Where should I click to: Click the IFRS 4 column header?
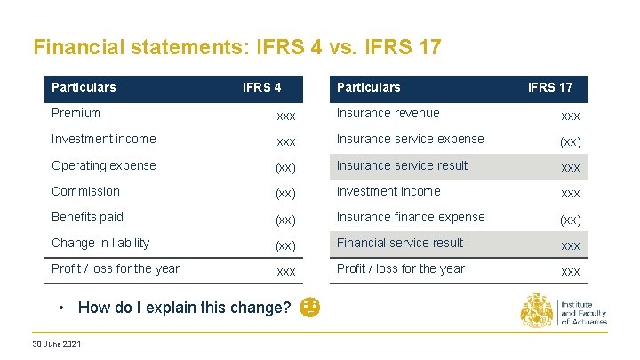[262, 87]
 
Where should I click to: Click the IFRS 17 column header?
[550, 87]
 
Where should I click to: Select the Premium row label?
[76, 113]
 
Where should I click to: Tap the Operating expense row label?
[103, 165]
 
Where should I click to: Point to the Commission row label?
[85, 191]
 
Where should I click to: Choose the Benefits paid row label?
[87, 217]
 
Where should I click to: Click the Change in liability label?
[100, 243]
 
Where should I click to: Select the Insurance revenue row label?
[388, 113]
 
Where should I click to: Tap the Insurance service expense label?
[410, 139]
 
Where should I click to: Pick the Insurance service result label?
[402, 165]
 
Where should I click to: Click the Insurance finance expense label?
[411, 217]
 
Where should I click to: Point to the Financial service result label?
[400, 243]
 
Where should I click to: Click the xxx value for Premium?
[286, 116]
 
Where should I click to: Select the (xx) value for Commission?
[286, 193]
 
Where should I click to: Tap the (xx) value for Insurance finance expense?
[571, 219]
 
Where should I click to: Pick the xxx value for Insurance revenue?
[571, 116]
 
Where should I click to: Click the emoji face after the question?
[310, 308]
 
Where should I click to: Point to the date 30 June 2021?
[56, 344]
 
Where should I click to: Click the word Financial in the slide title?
[75, 46]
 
